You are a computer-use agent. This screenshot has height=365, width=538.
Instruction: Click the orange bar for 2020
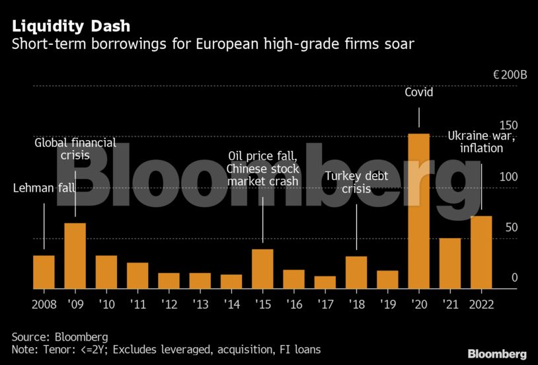pos(419,211)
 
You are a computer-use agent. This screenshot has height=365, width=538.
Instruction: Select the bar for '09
pos(75,256)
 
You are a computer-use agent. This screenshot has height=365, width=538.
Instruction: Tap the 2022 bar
pos(481,252)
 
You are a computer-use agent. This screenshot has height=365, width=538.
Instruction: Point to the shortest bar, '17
pos(325,282)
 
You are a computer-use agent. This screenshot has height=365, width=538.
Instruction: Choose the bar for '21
pos(450,263)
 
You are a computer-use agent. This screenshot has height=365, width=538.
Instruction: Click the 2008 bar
pos(44,272)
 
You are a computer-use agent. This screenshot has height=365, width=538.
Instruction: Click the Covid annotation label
pos(419,92)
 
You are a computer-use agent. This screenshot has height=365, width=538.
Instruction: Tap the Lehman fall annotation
pos(44,188)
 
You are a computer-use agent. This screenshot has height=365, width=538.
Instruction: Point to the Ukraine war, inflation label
pos(480,142)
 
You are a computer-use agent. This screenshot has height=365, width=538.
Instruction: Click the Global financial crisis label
pos(75,149)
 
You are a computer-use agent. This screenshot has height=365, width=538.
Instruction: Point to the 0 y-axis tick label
pos(514,278)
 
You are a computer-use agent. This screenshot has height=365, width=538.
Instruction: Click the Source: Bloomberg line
pos(59,337)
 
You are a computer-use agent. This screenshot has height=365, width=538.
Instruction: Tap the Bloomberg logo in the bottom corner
pos(497,354)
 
